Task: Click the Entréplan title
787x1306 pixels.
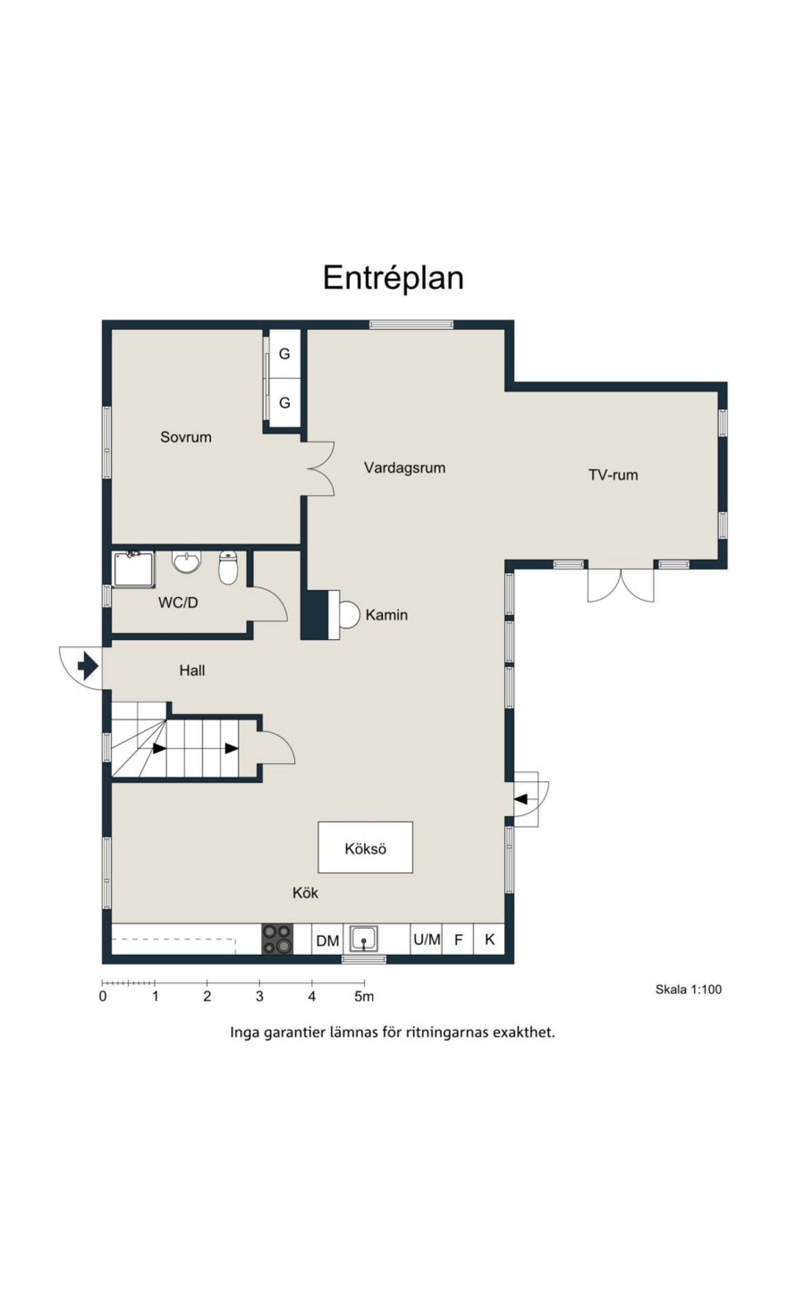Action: point(393,278)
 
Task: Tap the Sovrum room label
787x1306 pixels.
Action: point(186,437)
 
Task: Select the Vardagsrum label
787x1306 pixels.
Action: point(404,468)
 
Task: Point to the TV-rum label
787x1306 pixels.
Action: point(613,475)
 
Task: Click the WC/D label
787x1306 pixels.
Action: point(178,603)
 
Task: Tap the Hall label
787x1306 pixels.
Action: point(192,671)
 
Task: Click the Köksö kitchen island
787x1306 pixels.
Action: point(365,848)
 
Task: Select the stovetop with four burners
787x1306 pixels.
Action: point(277,939)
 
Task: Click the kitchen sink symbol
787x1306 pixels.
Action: point(364,939)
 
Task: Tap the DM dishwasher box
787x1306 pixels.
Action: point(327,940)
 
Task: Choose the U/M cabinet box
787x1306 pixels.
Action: point(426,939)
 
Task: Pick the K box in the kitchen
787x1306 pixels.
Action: point(489,939)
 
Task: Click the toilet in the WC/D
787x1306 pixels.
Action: point(228,567)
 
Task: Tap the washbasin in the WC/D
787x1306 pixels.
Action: point(187,562)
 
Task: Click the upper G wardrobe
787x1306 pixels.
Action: point(285,354)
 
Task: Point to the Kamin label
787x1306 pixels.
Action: point(387,615)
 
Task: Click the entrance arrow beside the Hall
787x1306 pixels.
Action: point(88,666)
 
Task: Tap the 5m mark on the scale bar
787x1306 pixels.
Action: point(364,997)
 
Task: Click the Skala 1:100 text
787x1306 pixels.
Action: point(688,990)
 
